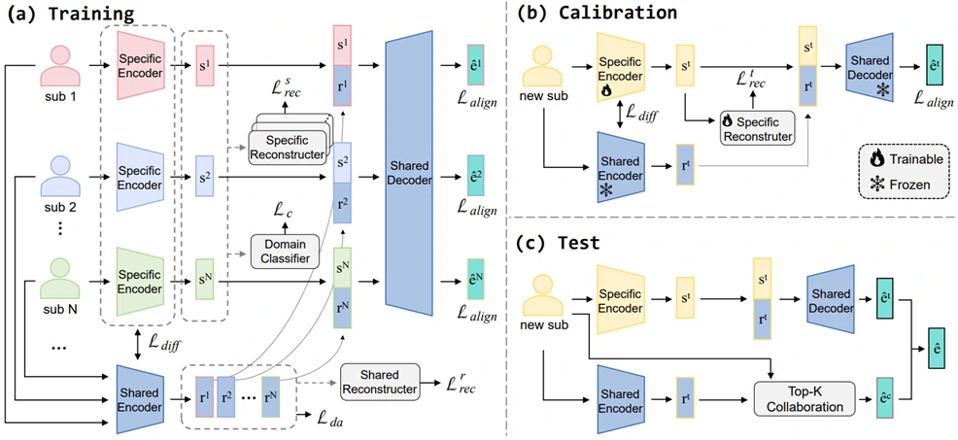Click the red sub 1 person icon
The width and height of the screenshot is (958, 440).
pyautogui.click(x=60, y=67)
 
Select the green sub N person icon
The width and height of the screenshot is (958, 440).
pyautogui.click(x=60, y=275)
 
